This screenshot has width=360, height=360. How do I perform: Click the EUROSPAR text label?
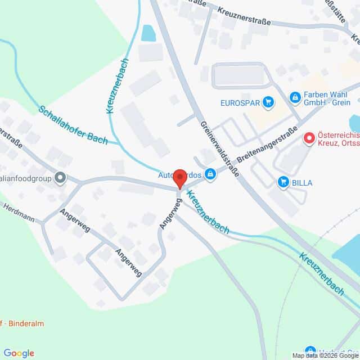pyautogui.click(x=240, y=102)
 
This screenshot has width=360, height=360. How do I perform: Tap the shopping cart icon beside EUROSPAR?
pyautogui.click(x=268, y=102)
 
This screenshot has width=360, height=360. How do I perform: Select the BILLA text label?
pyautogui.click(x=302, y=182)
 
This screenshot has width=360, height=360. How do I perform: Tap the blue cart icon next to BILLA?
pyautogui.click(x=283, y=182)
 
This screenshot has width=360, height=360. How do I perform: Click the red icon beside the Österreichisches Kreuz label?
pyautogui.click(x=309, y=138)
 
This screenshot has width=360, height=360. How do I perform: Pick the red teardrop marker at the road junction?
pyautogui.click(x=180, y=178)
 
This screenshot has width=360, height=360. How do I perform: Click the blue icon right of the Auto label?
pyautogui.click(x=210, y=174)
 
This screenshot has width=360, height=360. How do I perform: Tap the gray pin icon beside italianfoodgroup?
pyautogui.click(x=61, y=178)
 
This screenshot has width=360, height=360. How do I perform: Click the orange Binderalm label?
pyautogui.click(x=22, y=323)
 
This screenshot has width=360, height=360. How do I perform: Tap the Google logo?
pyautogui.click(x=19, y=353)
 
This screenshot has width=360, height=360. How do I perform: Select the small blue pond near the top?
pyautogui.click(x=149, y=34)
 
